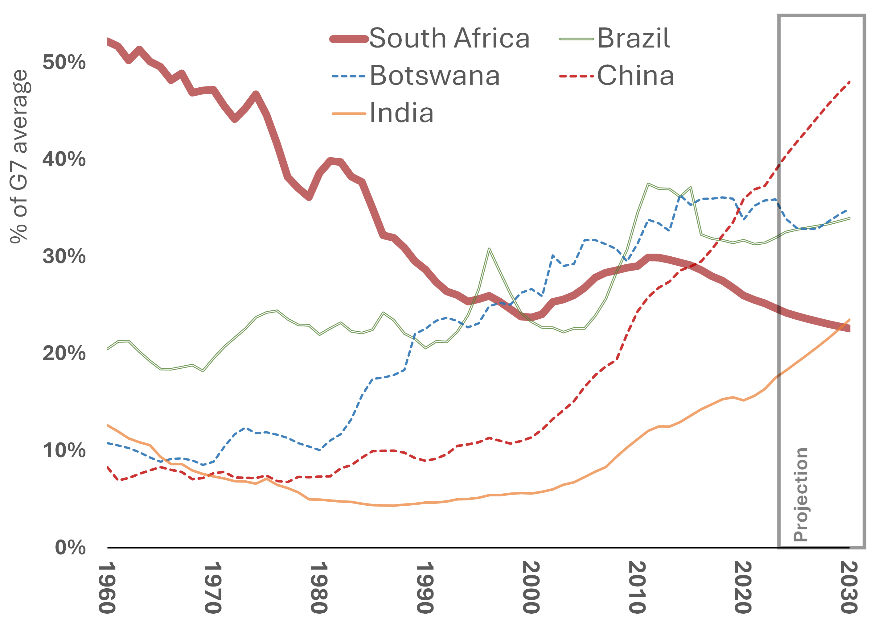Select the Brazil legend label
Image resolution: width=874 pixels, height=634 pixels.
tap(634, 39)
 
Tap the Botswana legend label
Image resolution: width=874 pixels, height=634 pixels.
tap(435, 76)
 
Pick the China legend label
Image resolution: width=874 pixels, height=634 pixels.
tap(635, 76)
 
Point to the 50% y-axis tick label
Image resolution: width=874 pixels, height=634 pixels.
tap(64, 62)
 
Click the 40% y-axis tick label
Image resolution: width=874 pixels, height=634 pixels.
tap(64, 159)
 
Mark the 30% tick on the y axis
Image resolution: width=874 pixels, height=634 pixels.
tap(64, 256)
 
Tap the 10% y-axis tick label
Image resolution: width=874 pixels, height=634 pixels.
tap(64, 450)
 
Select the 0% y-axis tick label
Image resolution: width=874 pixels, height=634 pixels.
tap(70, 548)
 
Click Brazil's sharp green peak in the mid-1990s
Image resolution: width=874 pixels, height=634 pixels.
tap(489, 249)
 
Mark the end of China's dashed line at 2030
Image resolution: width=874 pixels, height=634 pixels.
tap(850, 82)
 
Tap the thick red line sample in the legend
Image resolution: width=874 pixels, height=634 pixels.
tap(349, 39)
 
